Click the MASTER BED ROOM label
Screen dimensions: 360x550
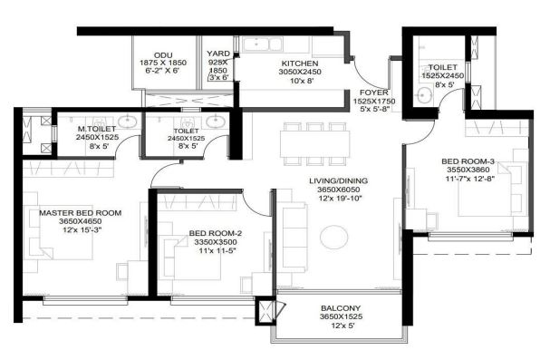[x=81, y=213]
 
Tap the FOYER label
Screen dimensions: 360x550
[x=373, y=93]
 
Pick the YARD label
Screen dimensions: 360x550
[x=217, y=54]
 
